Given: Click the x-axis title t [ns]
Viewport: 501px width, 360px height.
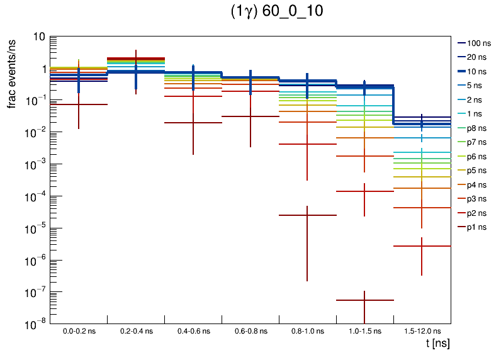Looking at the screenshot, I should pyautogui.click(x=436, y=344).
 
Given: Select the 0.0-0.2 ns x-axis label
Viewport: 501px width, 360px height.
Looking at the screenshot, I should pyautogui.click(x=79, y=330).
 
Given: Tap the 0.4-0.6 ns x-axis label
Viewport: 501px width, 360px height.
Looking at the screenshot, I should pyautogui.click(x=193, y=330).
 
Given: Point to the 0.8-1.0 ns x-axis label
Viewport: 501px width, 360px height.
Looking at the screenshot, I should pyautogui.click(x=307, y=330).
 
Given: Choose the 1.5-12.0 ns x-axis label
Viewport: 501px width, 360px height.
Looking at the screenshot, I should pyautogui.click(x=422, y=330).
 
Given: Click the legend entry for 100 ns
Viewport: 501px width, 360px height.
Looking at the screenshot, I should pyautogui.click(x=478, y=43).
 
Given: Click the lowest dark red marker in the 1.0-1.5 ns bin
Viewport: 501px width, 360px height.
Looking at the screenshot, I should pyautogui.click(x=365, y=300).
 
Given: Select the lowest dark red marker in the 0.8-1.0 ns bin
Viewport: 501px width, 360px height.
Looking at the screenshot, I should pyautogui.click(x=307, y=215).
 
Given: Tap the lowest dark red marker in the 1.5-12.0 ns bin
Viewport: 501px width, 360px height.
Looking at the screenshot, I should pyautogui.click(x=422, y=246).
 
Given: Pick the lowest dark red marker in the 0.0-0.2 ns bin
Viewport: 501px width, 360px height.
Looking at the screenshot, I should pyautogui.click(x=79, y=104).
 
